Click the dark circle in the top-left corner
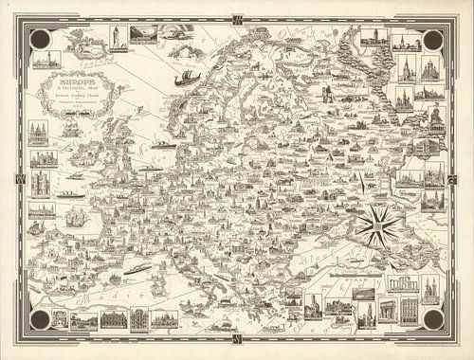41,39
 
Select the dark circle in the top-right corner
432,39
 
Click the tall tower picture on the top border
114,37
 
